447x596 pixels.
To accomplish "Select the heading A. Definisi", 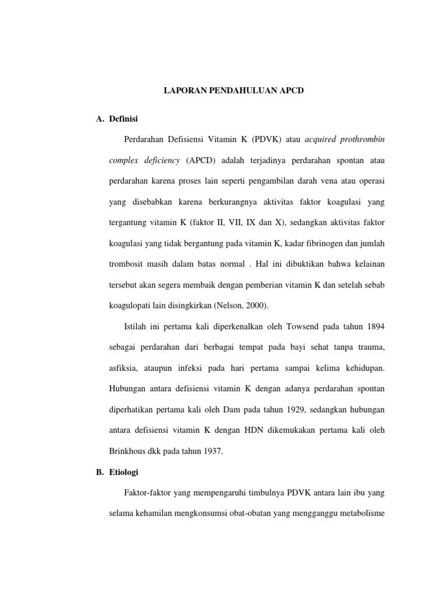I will click(x=116, y=119).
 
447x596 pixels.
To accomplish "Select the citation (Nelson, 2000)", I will click(x=241, y=304).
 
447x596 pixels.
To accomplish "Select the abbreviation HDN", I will click(x=261, y=430).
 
